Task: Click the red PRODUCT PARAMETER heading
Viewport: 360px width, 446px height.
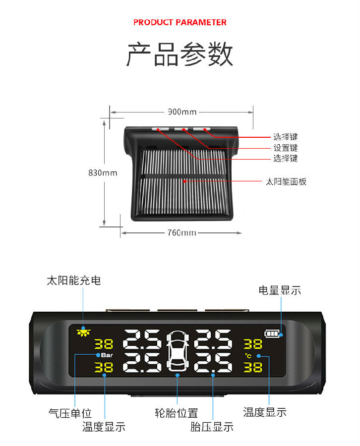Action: (180, 22)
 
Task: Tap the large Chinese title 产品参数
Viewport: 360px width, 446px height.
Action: (180, 54)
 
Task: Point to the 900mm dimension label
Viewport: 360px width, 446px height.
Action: (182, 112)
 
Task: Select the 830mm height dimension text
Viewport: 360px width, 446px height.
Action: (103, 172)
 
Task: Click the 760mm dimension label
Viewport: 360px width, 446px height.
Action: (182, 233)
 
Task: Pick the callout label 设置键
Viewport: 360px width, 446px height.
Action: (286, 148)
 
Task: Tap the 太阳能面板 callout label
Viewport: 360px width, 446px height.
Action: (286, 181)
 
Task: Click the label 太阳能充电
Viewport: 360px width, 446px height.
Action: (74, 280)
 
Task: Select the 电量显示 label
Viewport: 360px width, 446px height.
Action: (280, 290)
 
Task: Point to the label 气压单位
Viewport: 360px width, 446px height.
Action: (70, 413)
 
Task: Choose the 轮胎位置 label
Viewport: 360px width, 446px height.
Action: (177, 413)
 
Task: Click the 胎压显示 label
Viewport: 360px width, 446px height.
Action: (212, 427)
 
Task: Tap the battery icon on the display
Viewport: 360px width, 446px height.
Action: (272, 334)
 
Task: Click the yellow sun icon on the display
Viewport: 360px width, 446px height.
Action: (83, 332)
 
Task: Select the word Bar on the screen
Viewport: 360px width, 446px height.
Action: (107, 355)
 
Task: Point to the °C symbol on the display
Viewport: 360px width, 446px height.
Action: (248, 355)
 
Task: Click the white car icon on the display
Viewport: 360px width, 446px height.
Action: (178, 351)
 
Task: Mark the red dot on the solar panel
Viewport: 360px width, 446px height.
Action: (184, 181)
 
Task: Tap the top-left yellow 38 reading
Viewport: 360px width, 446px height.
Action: (104, 344)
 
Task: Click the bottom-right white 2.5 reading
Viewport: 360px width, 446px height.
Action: (213, 363)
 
